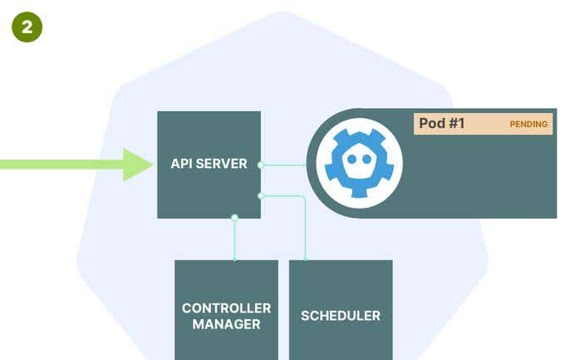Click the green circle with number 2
(27, 27)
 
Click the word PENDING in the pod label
(528, 125)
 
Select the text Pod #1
(441, 124)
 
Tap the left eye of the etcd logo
(351, 159)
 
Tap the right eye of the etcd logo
(367, 159)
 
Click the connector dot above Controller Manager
(235, 217)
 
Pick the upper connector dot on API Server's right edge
(261, 165)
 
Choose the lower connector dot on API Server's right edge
(261, 195)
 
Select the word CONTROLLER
(226, 308)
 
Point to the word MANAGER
(226, 324)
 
